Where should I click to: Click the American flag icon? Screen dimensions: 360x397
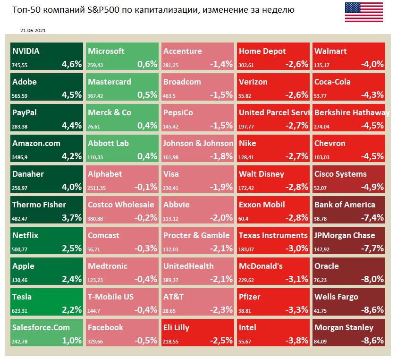point(363,12)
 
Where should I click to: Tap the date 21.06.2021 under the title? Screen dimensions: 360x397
point(33,30)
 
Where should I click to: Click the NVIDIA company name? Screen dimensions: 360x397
point(26,51)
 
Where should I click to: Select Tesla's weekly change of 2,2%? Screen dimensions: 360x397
point(72,309)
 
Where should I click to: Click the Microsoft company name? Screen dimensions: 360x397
point(106,51)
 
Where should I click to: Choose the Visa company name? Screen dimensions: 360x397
point(171,174)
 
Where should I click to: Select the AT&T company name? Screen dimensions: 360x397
point(174,297)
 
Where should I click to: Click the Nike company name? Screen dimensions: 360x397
point(248,143)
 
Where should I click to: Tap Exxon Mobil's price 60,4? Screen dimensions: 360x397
point(245,217)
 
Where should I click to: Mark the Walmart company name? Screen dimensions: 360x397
point(330,51)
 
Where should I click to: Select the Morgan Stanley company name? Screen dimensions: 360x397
point(344,327)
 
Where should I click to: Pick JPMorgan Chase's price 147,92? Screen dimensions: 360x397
point(324,248)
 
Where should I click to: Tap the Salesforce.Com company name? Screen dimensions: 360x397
point(41,327)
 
